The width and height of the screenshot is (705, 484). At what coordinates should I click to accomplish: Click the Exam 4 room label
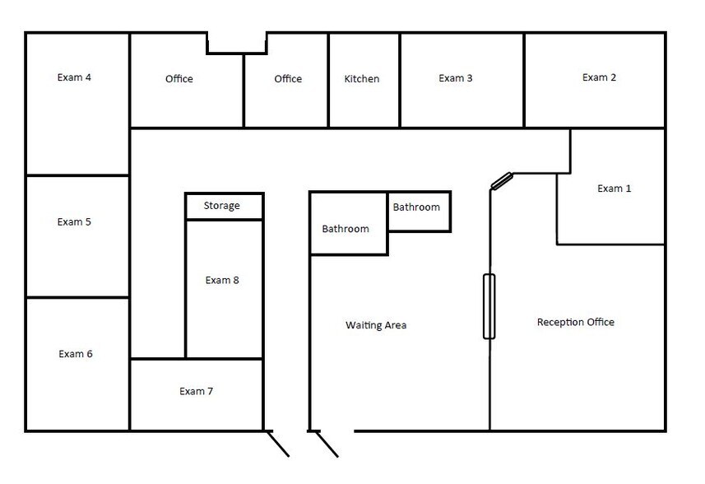[74, 78]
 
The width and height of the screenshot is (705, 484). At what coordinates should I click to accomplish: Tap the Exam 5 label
[74, 222]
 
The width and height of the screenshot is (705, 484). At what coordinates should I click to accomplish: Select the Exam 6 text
[76, 354]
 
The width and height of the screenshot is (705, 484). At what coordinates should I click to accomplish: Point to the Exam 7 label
[196, 391]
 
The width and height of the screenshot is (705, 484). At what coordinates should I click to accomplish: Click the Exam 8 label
[222, 280]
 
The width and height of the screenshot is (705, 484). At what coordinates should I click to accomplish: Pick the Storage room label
[222, 206]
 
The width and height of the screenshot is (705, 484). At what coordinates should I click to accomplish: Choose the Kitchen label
[362, 79]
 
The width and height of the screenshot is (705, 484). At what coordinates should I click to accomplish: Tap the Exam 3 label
[456, 79]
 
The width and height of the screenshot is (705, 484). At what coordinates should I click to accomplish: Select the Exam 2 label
[600, 78]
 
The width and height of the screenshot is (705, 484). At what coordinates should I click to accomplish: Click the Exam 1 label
[614, 188]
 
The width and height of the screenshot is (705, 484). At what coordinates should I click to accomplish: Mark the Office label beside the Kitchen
[288, 79]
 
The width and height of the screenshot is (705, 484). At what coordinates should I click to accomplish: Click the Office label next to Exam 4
[179, 79]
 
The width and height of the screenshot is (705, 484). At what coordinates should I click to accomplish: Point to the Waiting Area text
[376, 325]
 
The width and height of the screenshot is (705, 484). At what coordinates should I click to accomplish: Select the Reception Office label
[576, 322]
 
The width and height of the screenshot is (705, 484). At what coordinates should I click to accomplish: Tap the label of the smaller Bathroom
[416, 207]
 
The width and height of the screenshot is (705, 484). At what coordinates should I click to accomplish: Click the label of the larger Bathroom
[346, 229]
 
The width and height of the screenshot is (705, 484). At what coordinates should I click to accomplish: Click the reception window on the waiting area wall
[489, 306]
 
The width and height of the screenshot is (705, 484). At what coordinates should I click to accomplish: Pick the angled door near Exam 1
[502, 180]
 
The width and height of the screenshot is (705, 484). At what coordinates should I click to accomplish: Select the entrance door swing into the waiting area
[327, 444]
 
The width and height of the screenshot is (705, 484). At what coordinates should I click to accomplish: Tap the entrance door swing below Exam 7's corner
[278, 444]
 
